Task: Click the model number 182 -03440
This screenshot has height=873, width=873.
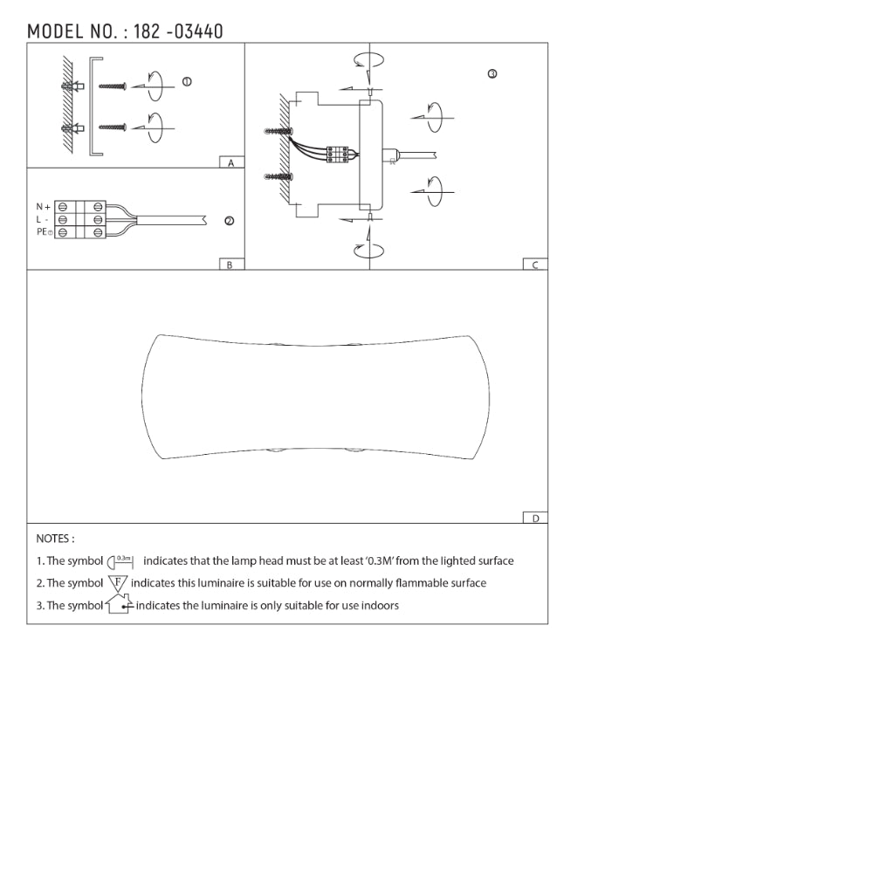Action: click(178, 31)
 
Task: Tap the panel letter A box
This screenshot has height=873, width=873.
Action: click(231, 162)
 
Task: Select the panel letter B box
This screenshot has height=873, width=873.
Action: click(231, 265)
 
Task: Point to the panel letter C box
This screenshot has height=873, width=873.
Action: click(535, 265)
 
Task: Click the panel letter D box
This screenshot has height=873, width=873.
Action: click(535, 518)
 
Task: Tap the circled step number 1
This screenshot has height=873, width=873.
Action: click(187, 82)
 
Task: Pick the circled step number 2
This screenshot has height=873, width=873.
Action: click(229, 221)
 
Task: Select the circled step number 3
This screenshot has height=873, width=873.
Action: click(492, 74)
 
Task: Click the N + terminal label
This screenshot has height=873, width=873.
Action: click(43, 207)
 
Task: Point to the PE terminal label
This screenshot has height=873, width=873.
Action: click(44, 231)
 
